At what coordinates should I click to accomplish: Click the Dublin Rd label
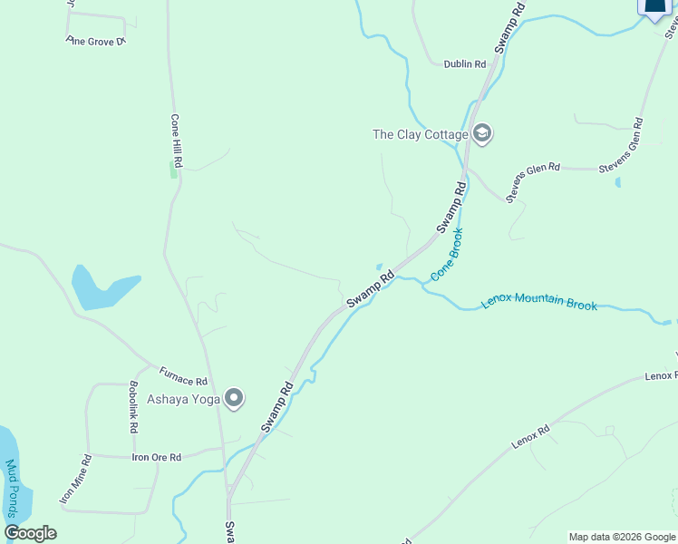[x=465, y=64]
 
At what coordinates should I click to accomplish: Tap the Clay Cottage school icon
[x=482, y=134]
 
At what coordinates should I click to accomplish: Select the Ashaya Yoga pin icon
[x=235, y=398]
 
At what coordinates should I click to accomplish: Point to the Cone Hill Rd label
[x=177, y=141]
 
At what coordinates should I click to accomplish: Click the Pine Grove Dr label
[x=95, y=42]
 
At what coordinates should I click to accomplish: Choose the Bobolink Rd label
[x=133, y=405]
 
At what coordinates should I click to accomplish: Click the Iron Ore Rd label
[x=157, y=458]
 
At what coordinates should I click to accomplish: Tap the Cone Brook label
[x=447, y=255]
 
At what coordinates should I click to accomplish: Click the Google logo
[x=30, y=533]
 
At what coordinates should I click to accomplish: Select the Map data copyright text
[x=621, y=537]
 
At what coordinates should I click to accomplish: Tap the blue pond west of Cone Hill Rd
[x=102, y=288]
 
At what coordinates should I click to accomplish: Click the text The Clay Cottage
[x=420, y=135]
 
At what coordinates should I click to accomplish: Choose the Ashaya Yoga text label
[x=185, y=399]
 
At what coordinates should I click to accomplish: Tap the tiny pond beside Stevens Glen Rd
[x=618, y=182]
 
